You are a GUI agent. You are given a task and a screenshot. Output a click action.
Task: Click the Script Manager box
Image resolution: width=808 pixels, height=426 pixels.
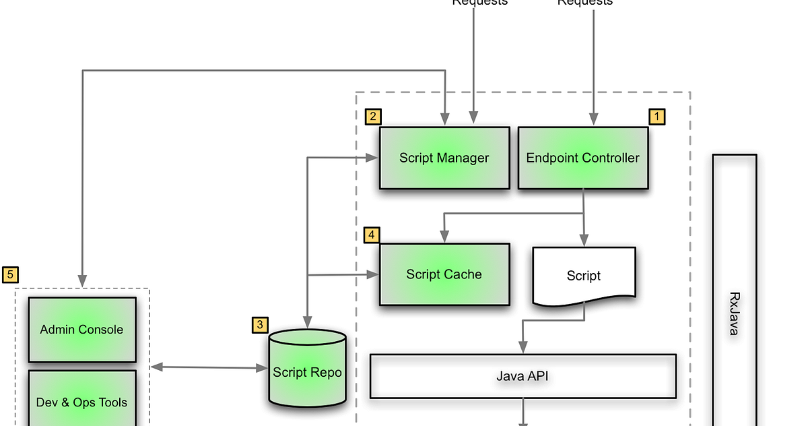[x=444, y=158]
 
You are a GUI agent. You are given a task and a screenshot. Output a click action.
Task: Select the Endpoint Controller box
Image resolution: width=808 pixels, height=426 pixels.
[x=583, y=158]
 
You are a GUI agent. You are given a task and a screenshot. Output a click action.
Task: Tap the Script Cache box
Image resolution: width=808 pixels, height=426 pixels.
[x=444, y=274]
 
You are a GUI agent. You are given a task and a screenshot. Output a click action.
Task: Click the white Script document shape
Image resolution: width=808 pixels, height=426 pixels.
[x=584, y=275]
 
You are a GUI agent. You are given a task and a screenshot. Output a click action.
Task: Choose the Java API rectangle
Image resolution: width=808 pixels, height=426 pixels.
[x=523, y=376]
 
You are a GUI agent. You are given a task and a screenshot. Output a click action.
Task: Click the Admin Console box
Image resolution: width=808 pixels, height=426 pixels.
[x=81, y=330]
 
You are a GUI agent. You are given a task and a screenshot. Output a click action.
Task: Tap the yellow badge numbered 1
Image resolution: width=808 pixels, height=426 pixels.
[x=656, y=117]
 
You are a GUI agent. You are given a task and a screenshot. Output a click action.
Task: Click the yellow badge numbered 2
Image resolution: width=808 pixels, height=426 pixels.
[x=373, y=117]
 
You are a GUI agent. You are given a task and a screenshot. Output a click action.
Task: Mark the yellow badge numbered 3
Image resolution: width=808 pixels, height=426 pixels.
[x=260, y=325]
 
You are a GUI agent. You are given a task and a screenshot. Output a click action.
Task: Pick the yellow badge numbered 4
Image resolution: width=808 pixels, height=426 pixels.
[x=372, y=235]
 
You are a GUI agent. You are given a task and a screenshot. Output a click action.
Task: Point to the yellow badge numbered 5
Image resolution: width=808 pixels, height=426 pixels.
[x=10, y=274]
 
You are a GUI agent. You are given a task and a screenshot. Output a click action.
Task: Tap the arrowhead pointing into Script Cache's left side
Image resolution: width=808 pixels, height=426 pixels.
[x=372, y=274]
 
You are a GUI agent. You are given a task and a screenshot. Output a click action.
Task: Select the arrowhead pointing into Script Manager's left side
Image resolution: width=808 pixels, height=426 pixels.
[x=372, y=158]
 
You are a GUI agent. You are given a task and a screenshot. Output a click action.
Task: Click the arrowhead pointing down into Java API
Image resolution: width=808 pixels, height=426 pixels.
[x=523, y=348]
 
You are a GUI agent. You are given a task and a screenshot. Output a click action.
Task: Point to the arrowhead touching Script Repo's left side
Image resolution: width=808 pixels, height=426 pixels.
[x=262, y=368]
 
